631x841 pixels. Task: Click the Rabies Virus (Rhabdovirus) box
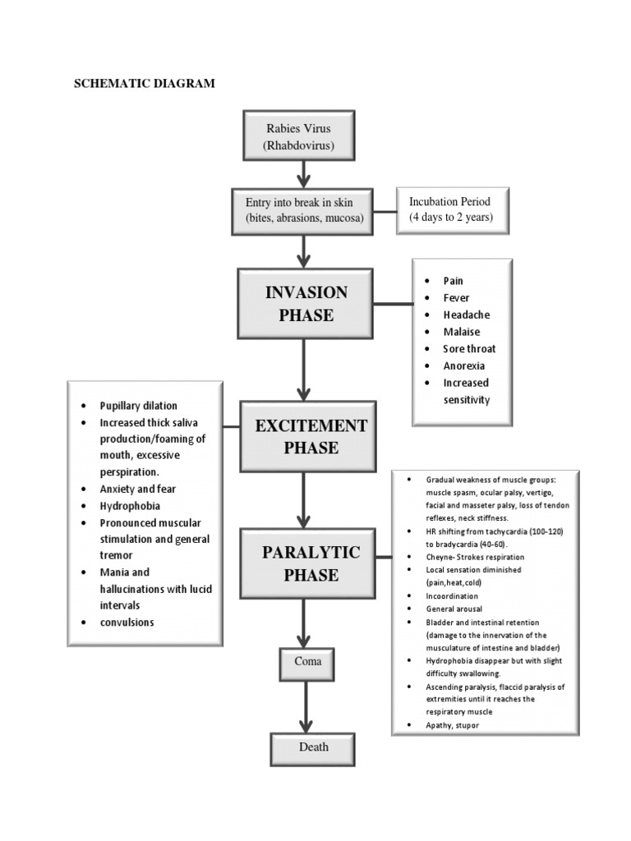299,136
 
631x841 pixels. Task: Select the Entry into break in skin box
305,210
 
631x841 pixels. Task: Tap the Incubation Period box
451,209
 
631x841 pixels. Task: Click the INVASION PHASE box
305,304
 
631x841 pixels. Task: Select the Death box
313,747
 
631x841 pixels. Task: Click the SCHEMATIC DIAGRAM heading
145,84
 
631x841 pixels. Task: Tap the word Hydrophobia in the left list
130,506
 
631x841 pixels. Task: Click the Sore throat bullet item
469,348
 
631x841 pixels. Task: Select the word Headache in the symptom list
467,315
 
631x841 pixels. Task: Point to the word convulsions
127,622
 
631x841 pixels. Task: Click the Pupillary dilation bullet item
138,406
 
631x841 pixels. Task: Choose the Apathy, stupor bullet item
453,725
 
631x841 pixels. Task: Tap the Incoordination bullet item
452,595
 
